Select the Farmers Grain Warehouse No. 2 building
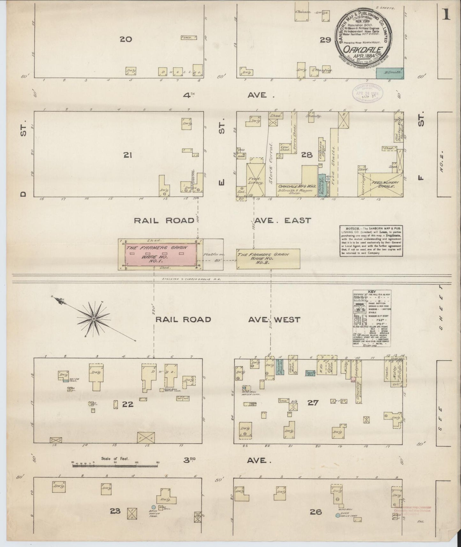268,259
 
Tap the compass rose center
94,319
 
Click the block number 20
126,39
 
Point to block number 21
128,155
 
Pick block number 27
313,403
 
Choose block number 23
115,511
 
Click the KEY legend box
372,318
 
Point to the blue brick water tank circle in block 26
338,515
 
